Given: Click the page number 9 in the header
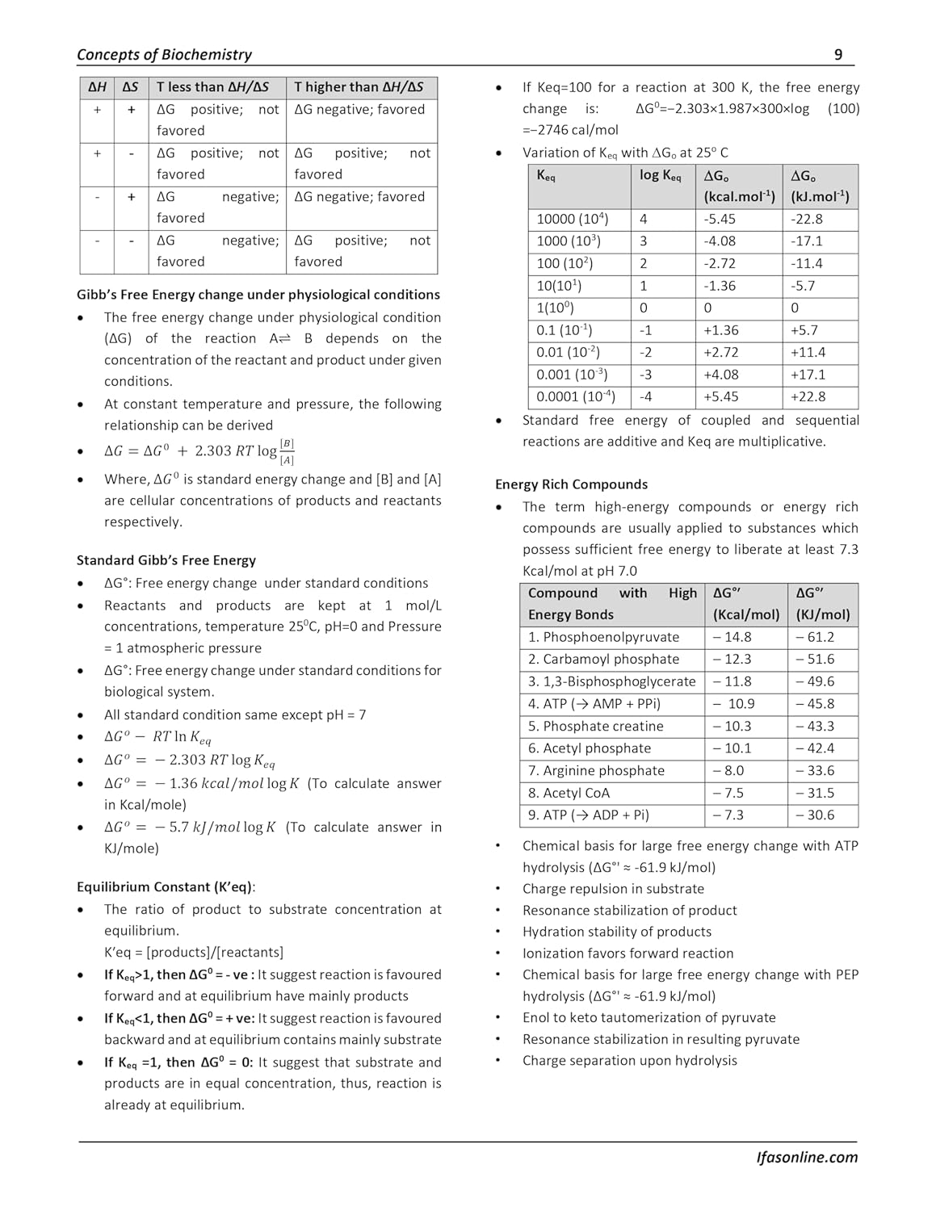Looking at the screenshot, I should coord(837,55).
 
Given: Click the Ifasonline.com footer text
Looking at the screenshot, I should coord(806,1157).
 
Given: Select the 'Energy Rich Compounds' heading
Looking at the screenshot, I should coord(571,484).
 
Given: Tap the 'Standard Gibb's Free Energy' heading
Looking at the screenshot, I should coord(166,560).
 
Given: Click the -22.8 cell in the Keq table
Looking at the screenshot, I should coord(807,219).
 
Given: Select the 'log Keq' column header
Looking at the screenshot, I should coord(660,176).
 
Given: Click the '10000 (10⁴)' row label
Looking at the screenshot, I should coord(572,219).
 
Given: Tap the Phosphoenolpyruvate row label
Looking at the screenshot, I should coord(603,637).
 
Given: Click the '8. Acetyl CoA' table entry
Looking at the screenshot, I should coord(569,793).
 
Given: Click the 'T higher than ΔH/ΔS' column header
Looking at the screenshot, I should coord(359,87).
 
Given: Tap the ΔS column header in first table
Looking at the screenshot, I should coord(130,87).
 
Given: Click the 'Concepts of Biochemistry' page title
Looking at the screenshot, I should coord(164,55).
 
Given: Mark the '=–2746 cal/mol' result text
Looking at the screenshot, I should coord(570,130).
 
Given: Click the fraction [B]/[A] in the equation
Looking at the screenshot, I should coord(287,452).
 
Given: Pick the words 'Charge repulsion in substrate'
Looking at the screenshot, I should coord(613,889).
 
